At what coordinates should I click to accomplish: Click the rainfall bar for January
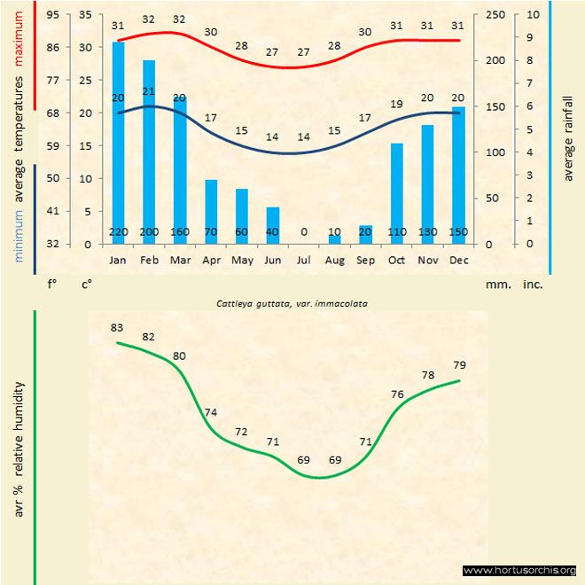tap(118, 142)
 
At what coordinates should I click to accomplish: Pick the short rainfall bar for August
tap(335, 238)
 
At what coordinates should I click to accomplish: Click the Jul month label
tap(304, 261)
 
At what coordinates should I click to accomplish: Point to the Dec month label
tap(458, 261)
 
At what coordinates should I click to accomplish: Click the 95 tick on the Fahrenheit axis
tap(54, 15)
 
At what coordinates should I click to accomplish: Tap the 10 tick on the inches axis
tap(530, 15)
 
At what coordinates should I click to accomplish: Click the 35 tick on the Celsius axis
tap(85, 15)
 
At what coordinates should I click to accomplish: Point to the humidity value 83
tap(117, 328)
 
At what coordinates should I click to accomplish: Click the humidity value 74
tap(210, 412)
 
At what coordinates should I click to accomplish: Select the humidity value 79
tap(459, 365)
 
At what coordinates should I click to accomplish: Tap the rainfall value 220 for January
tap(118, 232)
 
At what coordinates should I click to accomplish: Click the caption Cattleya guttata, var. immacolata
tap(292, 303)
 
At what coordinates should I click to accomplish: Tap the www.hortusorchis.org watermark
tap(519, 570)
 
